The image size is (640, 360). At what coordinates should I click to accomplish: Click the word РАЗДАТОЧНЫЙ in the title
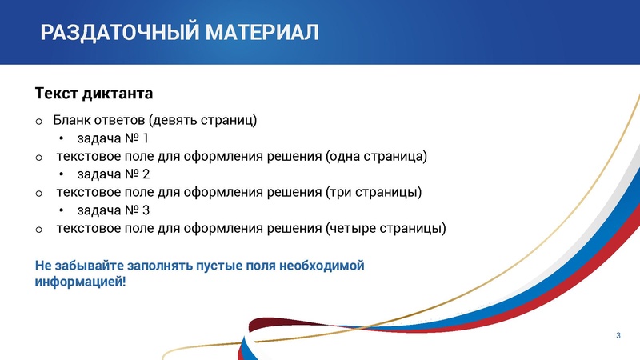(120, 33)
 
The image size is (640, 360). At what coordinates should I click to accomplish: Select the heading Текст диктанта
(94, 94)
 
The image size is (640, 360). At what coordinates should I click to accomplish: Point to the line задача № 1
(113, 138)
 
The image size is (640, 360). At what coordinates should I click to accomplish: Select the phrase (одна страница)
(377, 156)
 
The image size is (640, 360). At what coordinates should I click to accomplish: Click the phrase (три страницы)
(374, 192)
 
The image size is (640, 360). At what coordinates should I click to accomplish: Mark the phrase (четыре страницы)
(386, 229)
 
